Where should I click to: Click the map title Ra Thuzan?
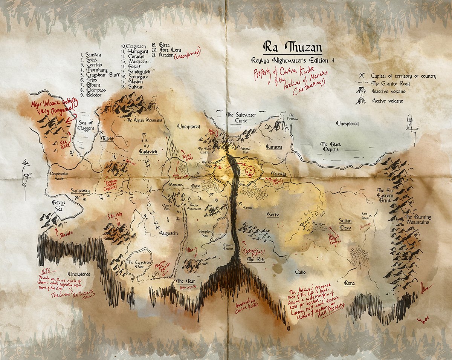pos(289,48)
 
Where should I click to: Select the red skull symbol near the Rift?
pos(249,170)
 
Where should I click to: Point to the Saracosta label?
pos(80,191)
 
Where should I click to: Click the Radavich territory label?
pos(148,151)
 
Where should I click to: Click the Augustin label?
pos(168,233)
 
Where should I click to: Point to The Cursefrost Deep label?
pos(139,265)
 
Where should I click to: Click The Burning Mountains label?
pos(417,220)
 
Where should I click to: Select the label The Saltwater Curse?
pos(236,117)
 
